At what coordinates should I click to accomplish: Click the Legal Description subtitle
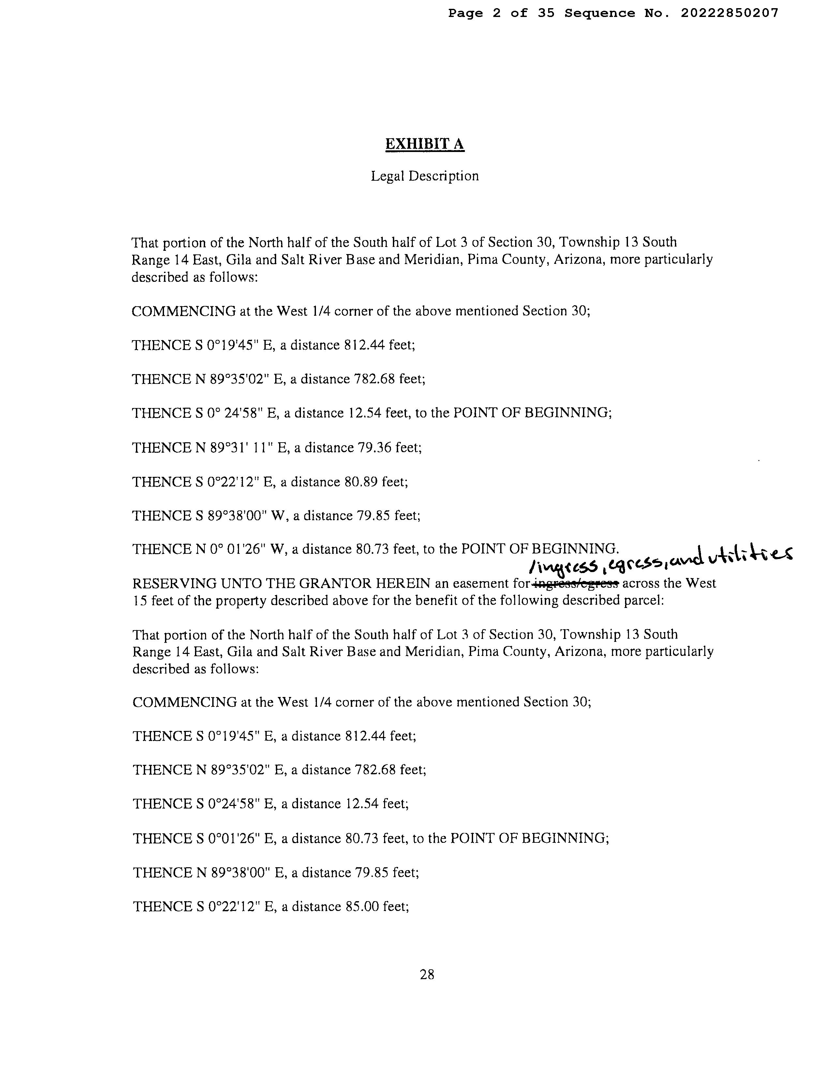point(424,176)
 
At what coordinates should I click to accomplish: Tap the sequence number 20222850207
point(729,13)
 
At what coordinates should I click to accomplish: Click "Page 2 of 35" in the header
point(501,13)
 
